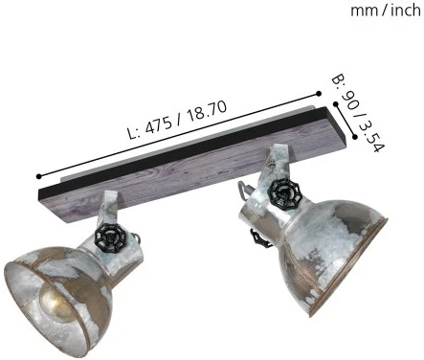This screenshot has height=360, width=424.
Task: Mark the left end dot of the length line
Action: click(37, 177)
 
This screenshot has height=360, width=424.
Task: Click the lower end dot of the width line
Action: click(354, 137)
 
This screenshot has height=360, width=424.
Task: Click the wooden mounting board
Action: click(191, 153)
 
